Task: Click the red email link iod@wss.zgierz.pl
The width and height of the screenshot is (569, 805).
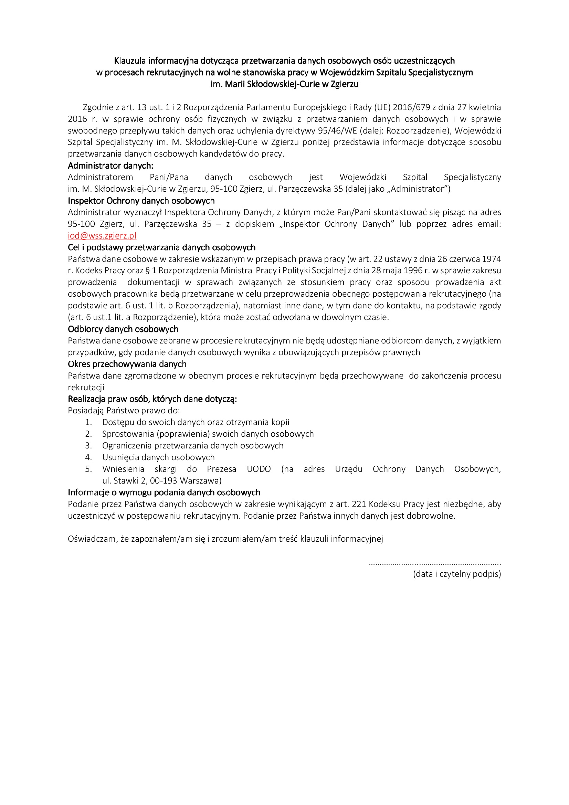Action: [102, 236]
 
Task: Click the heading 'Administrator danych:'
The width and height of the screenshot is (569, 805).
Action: [110, 166]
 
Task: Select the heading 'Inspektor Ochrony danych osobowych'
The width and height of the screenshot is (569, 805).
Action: [141, 201]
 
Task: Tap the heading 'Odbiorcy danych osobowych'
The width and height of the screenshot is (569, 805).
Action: [123, 329]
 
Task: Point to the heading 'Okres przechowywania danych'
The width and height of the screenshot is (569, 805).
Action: [127, 364]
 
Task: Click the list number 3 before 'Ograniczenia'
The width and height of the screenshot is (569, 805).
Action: [88, 446]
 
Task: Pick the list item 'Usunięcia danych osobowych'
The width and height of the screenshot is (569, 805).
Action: [158, 457]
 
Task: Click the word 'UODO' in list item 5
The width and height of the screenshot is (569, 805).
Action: [259, 469]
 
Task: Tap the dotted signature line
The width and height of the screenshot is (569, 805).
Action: [435, 564]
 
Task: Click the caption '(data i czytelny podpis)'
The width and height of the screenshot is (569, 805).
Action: [457, 574]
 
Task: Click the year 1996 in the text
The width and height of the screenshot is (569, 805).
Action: [413, 271]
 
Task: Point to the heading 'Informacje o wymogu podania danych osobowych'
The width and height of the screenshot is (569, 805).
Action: [164, 492]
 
